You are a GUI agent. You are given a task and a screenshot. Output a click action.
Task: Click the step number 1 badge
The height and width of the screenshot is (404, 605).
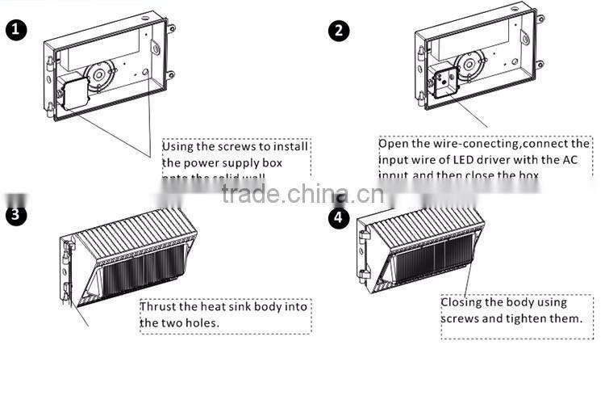pyautogui.click(x=16, y=31)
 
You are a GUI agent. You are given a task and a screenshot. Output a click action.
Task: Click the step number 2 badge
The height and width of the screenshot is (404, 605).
pyautogui.click(x=340, y=31)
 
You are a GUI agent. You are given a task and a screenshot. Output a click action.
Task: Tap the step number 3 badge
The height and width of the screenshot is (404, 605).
pyautogui.click(x=16, y=215)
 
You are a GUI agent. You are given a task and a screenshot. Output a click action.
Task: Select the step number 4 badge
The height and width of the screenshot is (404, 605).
pyautogui.click(x=340, y=217)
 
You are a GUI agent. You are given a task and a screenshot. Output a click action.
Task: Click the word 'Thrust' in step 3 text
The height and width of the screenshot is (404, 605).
pyautogui.click(x=160, y=308)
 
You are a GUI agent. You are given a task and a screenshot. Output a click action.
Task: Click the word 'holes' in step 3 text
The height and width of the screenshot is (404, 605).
pyautogui.click(x=203, y=323)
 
